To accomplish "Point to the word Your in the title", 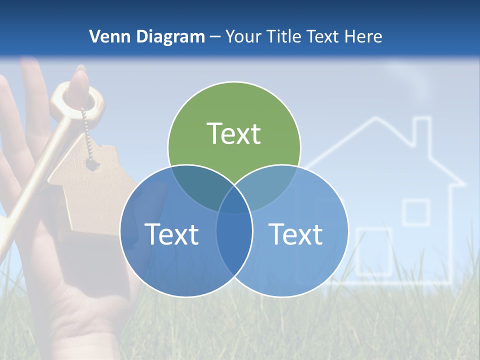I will click(x=244, y=36).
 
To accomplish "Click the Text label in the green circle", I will click(x=234, y=133).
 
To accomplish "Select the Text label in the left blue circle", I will click(x=171, y=234).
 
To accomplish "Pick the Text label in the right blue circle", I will click(x=296, y=234).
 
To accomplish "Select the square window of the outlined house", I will click(x=416, y=212).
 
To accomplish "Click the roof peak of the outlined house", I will click(x=372, y=120).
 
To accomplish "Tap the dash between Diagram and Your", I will click(x=215, y=36).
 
